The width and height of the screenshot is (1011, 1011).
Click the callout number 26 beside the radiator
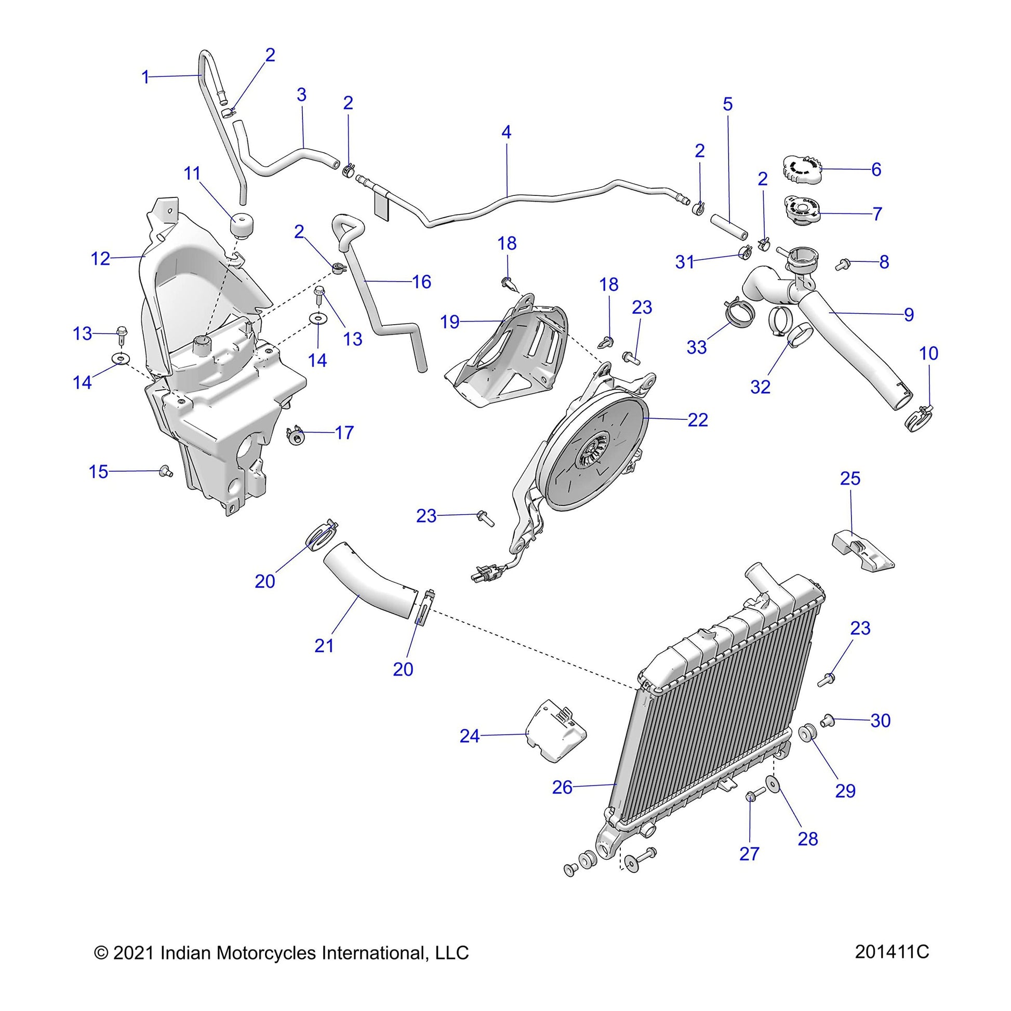pos(563,802)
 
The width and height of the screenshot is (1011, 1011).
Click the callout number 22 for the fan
pos(698,420)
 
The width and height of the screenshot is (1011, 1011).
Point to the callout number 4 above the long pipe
pos(505,132)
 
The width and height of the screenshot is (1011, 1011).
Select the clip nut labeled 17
pos(297,435)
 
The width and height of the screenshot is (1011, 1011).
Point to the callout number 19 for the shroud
pos(450,322)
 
